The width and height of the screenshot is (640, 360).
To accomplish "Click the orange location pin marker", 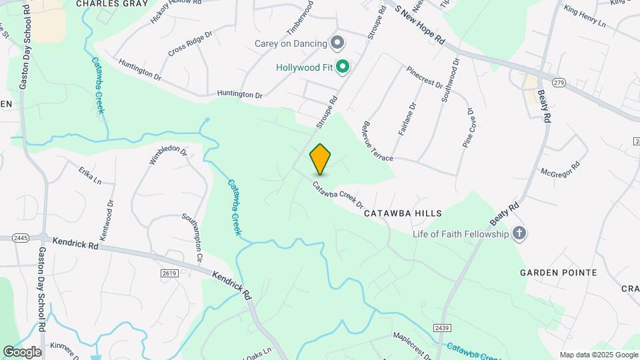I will (x=320, y=159).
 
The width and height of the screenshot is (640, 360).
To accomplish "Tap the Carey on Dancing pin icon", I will (x=337, y=43).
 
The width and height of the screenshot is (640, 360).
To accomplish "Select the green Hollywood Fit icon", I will (x=343, y=67).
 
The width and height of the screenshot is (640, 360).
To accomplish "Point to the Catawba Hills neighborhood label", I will (x=403, y=213).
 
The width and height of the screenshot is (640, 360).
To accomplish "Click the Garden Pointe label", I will (x=558, y=273).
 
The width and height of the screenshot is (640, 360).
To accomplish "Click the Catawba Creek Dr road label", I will (x=338, y=195).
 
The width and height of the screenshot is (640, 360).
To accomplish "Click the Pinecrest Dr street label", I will (x=424, y=76).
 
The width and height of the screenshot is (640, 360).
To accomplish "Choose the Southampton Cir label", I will (x=191, y=237).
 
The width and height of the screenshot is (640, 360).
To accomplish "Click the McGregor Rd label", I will (x=560, y=167).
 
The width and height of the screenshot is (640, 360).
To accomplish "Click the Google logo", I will (x=22, y=351).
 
